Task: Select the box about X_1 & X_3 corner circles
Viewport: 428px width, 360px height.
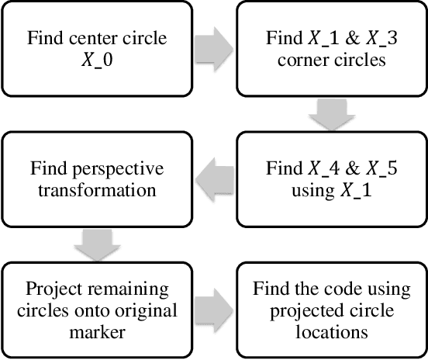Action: (x=332, y=47)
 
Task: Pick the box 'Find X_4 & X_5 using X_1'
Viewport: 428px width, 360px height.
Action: (x=332, y=178)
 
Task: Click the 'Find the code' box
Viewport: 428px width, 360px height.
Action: (x=332, y=310)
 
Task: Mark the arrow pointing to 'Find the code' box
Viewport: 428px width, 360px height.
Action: (x=213, y=310)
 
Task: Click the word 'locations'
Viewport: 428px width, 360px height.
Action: (x=332, y=333)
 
